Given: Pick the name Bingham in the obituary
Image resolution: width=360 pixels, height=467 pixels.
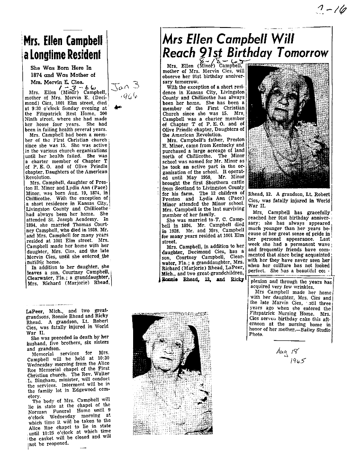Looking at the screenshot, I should tap(49, 380).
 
